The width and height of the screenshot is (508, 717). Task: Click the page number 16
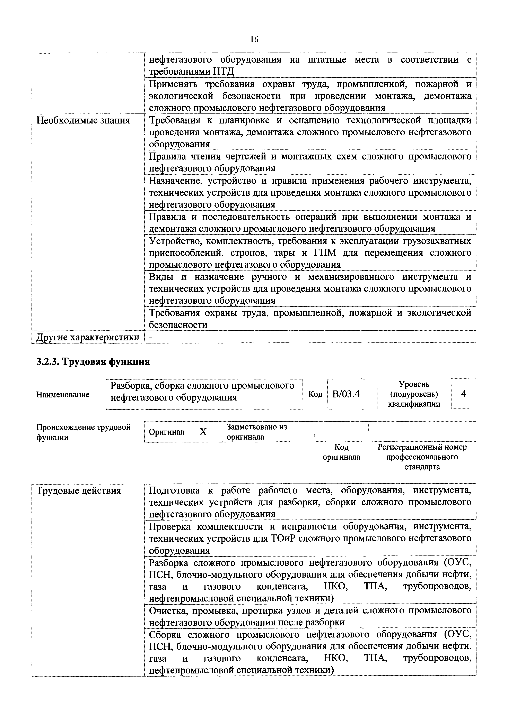pyautogui.click(x=254, y=39)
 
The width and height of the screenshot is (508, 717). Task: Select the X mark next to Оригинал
pyautogui.click(x=203, y=432)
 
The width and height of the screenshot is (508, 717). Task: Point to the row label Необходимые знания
pyautogui.click(x=83, y=120)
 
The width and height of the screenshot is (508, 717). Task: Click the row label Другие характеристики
pyautogui.click(x=88, y=337)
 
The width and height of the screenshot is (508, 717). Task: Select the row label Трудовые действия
pyautogui.click(x=79, y=491)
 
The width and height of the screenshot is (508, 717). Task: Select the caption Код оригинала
pyautogui.click(x=341, y=452)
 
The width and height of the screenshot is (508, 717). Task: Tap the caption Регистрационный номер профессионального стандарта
pyautogui.click(x=422, y=457)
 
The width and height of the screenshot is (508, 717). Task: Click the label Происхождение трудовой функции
pyautogui.click(x=83, y=432)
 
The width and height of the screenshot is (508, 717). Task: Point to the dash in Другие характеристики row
pyautogui.click(x=151, y=337)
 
